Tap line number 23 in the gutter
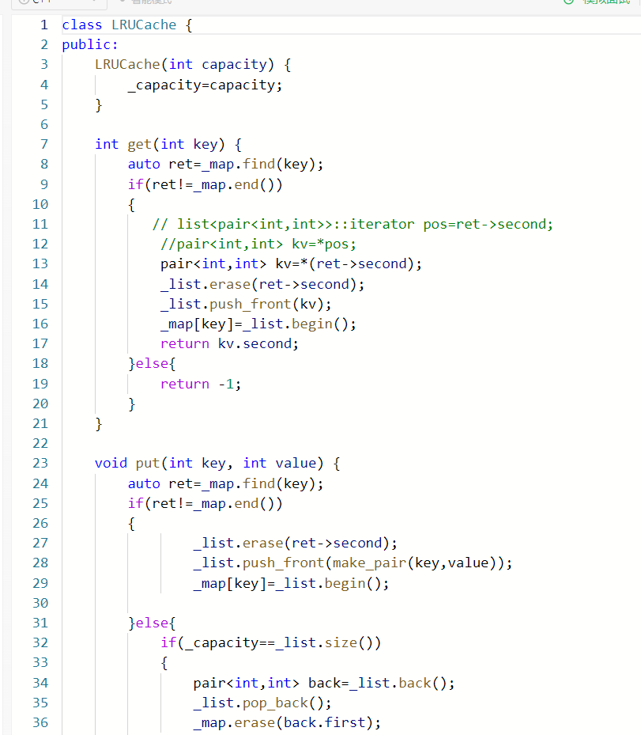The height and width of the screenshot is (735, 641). tap(40, 463)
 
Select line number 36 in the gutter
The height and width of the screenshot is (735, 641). tap(40, 722)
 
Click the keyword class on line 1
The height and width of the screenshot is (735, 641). tap(82, 25)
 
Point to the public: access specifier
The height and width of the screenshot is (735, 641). tap(90, 44)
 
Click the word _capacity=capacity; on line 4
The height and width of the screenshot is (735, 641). tap(205, 85)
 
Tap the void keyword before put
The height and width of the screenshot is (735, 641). tap(111, 463)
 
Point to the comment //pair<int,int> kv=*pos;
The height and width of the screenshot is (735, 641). tap(258, 244)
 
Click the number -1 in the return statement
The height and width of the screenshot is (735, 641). tap(225, 384)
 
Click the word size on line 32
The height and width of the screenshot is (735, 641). tap(341, 642)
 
